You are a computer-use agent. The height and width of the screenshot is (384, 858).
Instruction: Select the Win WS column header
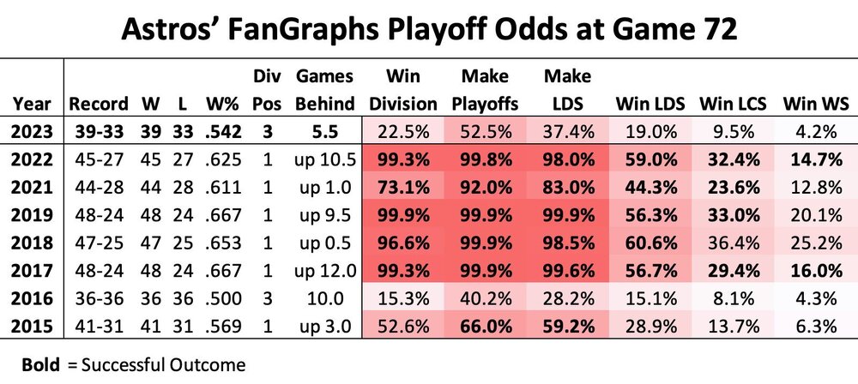(x=815, y=105)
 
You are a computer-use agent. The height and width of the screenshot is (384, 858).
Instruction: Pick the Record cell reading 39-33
(x=99, y=132)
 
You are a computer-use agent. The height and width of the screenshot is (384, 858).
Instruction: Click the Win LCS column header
(x=732, y=105)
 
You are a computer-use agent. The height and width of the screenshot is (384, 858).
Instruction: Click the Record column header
(x=99, y=105)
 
